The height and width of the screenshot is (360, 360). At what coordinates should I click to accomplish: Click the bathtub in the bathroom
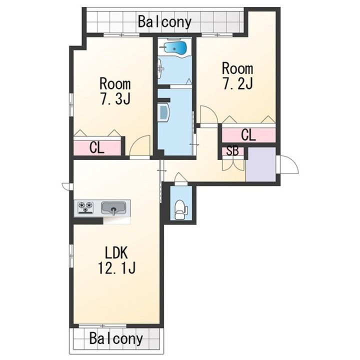click(175, 48)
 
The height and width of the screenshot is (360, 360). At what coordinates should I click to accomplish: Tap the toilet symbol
click(181, 209)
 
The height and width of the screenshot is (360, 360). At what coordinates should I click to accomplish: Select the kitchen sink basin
click(113, 208)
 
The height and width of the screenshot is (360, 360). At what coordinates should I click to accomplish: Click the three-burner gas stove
click(85, 207)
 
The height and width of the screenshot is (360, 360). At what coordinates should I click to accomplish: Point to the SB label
click(232, 151)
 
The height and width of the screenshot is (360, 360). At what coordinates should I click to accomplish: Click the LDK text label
click(116, 252)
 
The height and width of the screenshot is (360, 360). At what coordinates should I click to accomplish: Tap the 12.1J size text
click(117, 267)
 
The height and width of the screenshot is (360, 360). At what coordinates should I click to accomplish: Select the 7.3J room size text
click(115, 98)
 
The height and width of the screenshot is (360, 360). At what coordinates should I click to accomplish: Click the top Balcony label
click(164, 22)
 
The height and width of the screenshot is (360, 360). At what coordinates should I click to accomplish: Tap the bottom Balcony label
click(116, 338)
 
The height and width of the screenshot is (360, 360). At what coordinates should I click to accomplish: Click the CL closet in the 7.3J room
click(97, 147)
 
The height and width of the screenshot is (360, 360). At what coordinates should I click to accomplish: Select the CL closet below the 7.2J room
click(248, 135)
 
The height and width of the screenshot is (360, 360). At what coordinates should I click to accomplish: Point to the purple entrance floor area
click(261, 164)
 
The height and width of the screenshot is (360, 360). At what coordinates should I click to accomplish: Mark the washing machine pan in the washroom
click(163, 112)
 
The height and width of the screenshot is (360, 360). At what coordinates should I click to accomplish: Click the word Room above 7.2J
click(237, 68)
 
